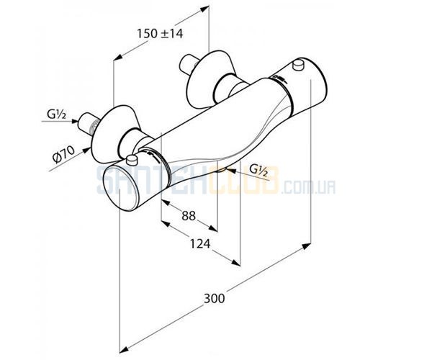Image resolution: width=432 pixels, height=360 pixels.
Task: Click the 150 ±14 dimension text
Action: (x=160, y=34)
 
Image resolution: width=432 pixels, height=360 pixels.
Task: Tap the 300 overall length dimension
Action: (x=214, y=298)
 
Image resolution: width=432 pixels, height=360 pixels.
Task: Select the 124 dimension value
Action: (x=200, y=243)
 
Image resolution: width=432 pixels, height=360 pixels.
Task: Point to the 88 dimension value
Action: (x=189, y=216)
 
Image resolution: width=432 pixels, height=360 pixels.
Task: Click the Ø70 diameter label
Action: (x=64, y=155)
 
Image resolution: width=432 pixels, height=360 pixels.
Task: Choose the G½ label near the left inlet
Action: (x=56, y=114)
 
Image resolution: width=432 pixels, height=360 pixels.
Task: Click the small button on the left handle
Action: (x=132, y=159)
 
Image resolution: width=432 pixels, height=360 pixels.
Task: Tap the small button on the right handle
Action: (x=297, y=65)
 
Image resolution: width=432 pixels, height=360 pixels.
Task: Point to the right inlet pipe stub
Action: (x=188, y=66)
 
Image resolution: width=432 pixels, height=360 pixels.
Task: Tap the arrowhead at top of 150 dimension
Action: (x=204, y=9)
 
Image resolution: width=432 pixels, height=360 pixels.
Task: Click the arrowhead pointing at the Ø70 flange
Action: (x=86, y=150)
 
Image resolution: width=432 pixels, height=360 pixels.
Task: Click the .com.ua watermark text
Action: (x=308, y=188)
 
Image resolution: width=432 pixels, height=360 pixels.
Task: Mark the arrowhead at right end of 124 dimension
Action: (x=236, y=263)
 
